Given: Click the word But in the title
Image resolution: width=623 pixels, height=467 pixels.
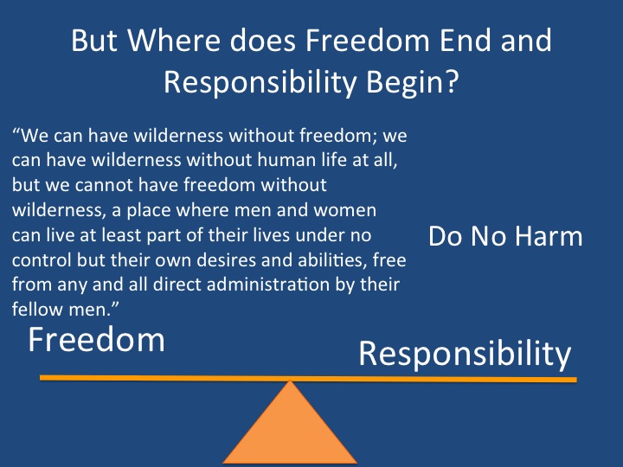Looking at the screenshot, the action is pos(93,40).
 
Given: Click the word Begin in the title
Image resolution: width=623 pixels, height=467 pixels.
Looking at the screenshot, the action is pos(403,82).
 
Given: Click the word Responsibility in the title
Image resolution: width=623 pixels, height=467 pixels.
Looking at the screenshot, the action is pos(260,82).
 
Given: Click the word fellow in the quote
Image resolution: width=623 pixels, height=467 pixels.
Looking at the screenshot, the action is pos(37,310).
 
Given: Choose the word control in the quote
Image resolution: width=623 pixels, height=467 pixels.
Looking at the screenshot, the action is pos(42,260).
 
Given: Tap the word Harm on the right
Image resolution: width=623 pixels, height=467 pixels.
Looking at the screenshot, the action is pos(549,236).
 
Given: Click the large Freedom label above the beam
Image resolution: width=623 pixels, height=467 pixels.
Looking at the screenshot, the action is pos(96,340).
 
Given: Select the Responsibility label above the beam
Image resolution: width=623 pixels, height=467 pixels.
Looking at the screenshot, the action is pos(465,355).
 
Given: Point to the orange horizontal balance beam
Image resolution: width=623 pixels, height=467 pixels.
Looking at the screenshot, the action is pos(308,379).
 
